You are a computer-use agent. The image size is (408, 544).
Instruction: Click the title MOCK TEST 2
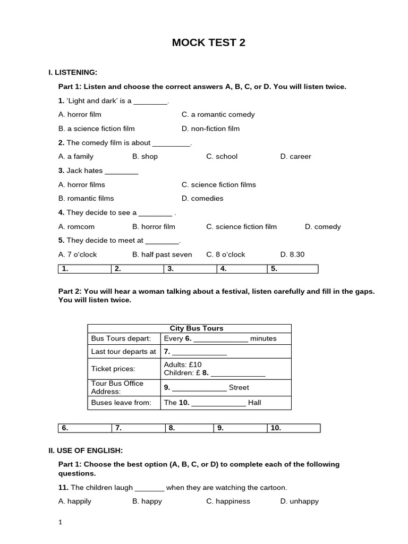coord(208,43)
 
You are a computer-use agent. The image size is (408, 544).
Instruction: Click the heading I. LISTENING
coord(73,72)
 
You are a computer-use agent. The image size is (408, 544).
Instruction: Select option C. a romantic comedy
coord(218,114)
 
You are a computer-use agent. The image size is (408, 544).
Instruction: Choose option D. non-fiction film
coord(210,129)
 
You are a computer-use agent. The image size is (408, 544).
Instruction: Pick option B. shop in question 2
coord(145,156)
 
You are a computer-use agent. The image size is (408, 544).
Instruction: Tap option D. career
coord(295,156)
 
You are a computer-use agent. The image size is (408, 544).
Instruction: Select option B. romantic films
coord(86,198)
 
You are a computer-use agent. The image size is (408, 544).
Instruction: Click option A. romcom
coord(76,226)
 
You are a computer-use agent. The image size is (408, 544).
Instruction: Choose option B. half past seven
coord(162,254)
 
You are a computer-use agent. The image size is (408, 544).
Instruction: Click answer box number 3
coord(190,269)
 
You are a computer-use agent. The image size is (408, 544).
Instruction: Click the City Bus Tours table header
coord(189,328)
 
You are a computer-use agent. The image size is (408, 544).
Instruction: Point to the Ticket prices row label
coord(113,369)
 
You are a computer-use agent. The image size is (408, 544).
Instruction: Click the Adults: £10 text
coord(183,364)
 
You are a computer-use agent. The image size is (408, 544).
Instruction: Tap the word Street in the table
coord(239,387)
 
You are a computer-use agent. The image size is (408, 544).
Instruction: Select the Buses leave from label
coord(121,403)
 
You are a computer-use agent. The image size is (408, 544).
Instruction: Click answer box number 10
coord(294,428)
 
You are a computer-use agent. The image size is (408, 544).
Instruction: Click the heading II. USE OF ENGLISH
coord(86,450)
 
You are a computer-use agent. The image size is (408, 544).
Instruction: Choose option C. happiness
coord(228,501)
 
